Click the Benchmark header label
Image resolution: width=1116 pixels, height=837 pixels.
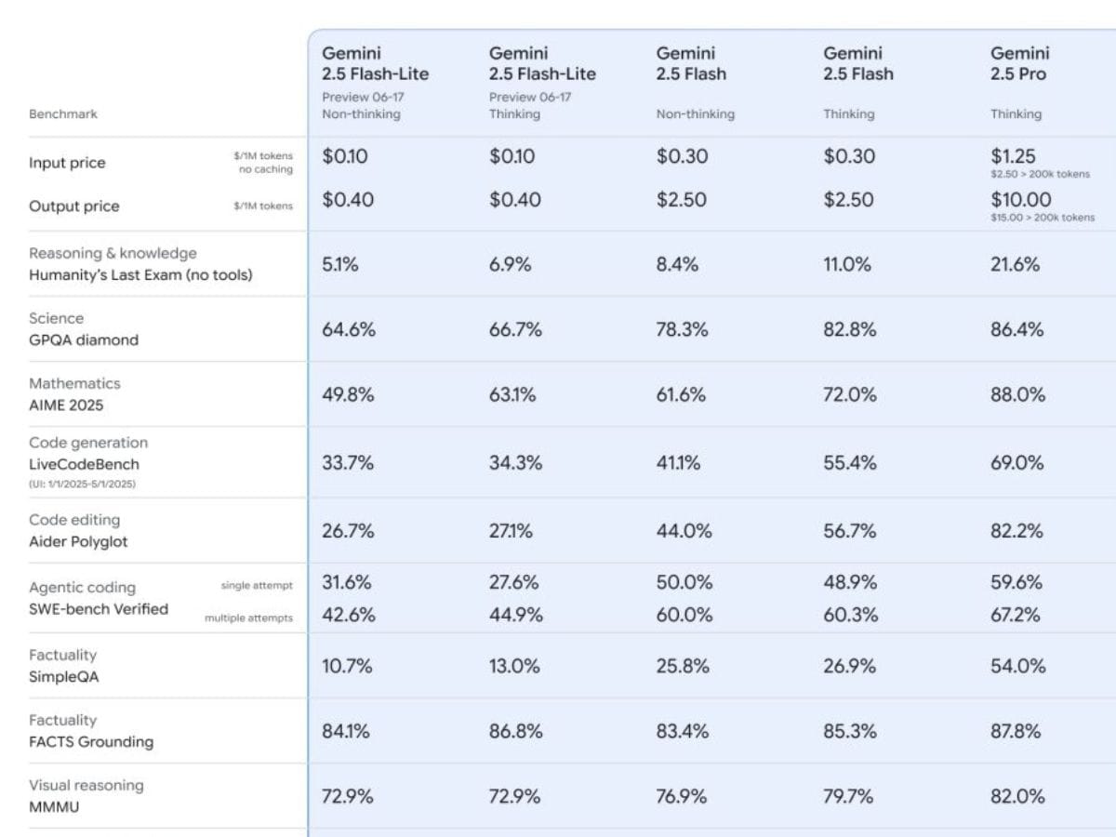click(62, 114)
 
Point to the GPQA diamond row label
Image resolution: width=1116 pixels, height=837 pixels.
click(83, 340)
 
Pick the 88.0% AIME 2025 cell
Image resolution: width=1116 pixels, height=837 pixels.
click(1017, 395)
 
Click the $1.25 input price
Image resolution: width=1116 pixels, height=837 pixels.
click(1013, 156)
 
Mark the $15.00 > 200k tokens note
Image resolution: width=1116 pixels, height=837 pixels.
click(1042, 218)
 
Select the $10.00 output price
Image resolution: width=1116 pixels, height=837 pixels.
click(1020, 199)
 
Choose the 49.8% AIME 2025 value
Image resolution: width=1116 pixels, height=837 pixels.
click(348, 395)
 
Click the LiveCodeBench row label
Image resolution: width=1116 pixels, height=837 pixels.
click(84, 464)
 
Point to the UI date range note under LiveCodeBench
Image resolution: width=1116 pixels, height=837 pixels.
click(83, 484)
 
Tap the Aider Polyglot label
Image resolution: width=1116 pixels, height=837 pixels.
click(78, 541)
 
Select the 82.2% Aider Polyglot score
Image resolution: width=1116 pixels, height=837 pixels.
click(1016, 531)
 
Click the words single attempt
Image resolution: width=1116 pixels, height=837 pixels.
click(257, 586)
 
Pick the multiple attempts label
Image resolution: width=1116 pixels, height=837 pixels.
click(248, 618)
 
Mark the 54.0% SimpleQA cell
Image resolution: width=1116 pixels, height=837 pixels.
click(1017, 666)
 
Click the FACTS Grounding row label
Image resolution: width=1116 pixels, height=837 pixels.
click(90, 742)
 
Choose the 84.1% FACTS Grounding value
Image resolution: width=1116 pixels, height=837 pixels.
click(346, 731)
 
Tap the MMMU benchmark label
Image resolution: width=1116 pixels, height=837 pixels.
click(54, 807)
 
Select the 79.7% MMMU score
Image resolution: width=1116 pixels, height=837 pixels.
click(849, 796)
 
